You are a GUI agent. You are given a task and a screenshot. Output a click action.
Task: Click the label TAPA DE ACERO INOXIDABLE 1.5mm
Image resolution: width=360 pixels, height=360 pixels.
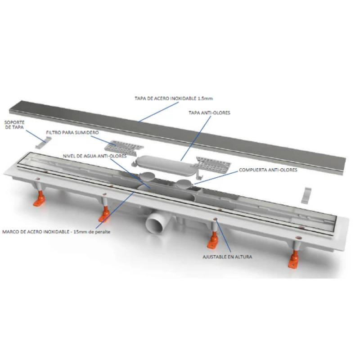[174, 99]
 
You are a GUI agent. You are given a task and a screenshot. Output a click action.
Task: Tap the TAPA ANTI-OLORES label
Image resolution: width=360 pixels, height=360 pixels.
[209, 113]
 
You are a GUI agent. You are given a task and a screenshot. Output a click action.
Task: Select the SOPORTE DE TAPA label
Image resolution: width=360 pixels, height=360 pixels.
[14, 125]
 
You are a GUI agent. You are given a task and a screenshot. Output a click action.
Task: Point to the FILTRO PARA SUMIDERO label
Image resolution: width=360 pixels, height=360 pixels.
[72, 132]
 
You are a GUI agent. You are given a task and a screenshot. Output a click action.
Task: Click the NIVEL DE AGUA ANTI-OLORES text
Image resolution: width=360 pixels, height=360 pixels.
[94, 156]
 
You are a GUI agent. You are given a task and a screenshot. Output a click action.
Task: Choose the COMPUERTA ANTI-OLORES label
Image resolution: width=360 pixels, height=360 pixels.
[268, 170]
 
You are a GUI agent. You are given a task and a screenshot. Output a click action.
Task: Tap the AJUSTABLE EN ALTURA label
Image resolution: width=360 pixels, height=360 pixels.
[227, 256]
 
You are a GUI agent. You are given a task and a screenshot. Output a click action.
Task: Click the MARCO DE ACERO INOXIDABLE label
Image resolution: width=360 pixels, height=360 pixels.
[36, 232]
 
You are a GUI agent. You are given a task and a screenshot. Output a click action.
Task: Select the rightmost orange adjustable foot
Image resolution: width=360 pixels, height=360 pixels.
[294, 259]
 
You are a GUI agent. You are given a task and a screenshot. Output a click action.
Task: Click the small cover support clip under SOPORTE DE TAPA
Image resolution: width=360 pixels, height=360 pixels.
[43, 142]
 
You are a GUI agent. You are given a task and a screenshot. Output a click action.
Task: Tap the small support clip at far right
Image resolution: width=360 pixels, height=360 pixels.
[306, 195]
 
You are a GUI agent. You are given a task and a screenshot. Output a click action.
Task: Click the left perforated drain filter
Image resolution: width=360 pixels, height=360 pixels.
[124, 148]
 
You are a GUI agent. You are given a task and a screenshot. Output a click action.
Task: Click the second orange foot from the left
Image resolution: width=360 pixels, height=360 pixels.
[105, 214]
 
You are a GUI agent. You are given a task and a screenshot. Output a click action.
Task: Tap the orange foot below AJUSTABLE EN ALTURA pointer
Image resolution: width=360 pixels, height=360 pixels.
[213, 240]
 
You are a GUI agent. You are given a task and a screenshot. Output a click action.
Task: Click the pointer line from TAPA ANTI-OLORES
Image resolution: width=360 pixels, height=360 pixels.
[196, 138]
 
